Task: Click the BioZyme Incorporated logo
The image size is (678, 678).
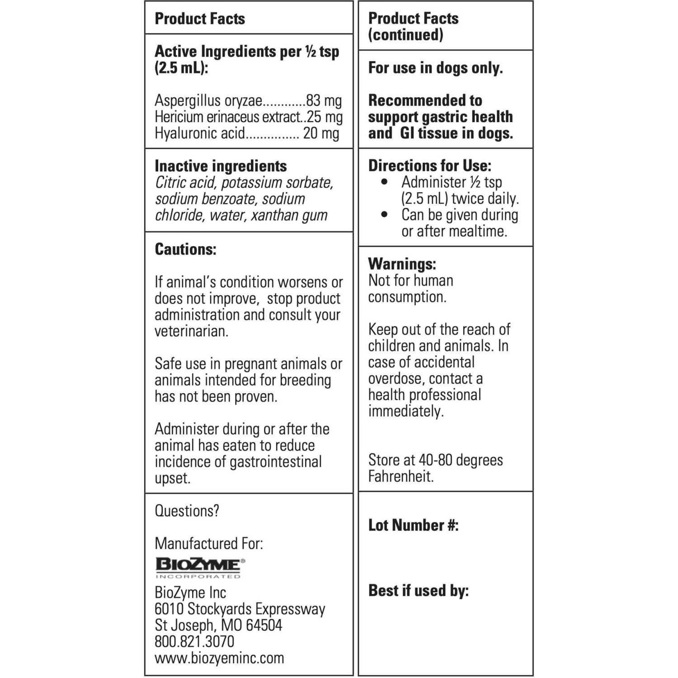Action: (200, 568)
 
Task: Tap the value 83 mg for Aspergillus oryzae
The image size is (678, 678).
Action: (324, 100)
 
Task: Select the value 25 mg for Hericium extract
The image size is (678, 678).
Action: (325, 117)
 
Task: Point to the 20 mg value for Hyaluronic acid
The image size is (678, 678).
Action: (321, 133)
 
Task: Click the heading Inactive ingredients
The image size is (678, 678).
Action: (221, 166)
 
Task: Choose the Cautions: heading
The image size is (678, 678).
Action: (185, 249)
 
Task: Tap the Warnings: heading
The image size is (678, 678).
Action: (402, 264)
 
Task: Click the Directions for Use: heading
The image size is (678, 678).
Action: (429, 165)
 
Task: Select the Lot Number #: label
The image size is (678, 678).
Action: (413, 525)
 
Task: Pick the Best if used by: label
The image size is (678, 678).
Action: (418, 590)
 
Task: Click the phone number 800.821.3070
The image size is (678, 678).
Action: (194, 641)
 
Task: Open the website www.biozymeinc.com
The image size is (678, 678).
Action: (219, 658)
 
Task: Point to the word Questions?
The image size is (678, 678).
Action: (187, 511)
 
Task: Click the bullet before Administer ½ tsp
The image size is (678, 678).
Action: (385, 182)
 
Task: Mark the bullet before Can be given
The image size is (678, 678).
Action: (385, 215)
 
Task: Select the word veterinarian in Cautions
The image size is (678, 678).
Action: (191, 331)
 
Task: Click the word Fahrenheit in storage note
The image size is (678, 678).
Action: (400, 476)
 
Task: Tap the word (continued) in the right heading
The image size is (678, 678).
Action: (405, 35)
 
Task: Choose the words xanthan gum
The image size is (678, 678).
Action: (289, 216)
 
